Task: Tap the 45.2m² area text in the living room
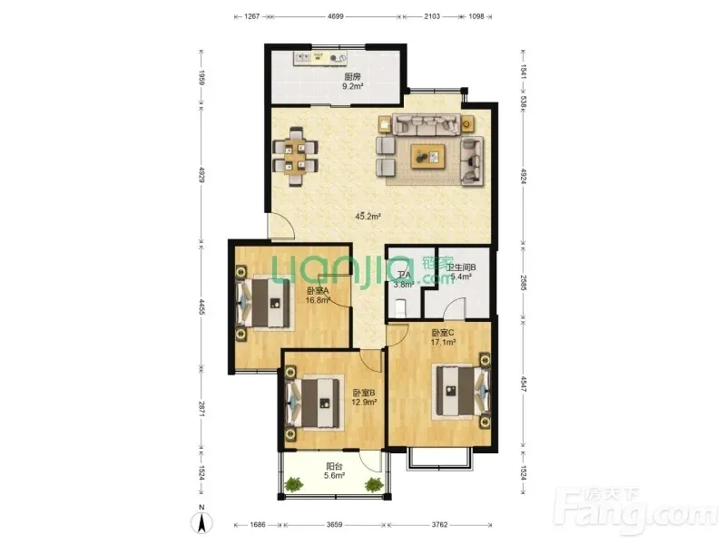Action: coord(368,217)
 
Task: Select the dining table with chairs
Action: coord(297,151)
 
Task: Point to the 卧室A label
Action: coord(317,290)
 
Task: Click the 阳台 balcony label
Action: coord(335,467)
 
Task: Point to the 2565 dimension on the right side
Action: coord(525,277)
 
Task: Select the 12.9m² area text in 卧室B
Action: coord(365,403)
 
